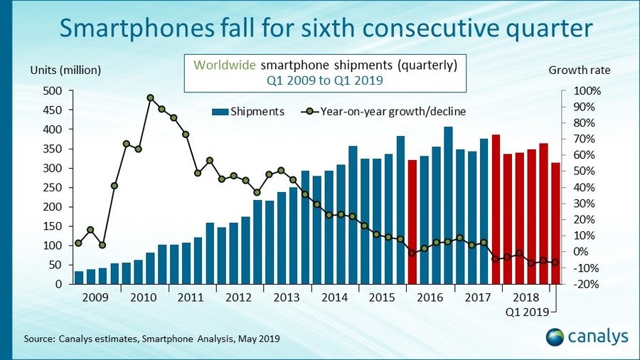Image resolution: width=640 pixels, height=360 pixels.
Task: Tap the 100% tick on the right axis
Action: pyautogui.click(x=587, y=91)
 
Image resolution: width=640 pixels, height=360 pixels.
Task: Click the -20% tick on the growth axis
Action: pyautogui.click(x=587, y=284)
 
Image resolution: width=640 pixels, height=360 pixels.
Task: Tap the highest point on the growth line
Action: pyautogui.click(x=150, y=98)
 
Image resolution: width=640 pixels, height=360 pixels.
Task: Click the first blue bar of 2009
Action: pyautogui.click(x=79, y=277)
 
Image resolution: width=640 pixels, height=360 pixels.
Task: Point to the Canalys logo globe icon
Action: pyautogui.click(x=558, y=337)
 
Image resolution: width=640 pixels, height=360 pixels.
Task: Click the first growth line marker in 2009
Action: pyautogui.click(x=78, y=243)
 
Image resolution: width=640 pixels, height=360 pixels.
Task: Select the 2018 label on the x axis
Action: pyautogui.click(x=526, y=297)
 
